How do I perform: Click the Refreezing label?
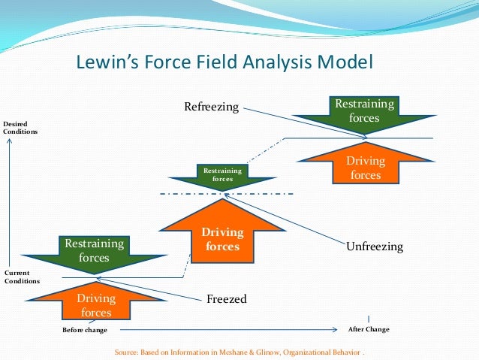point(211,107)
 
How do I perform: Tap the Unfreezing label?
point(375,247)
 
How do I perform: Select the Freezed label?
point(226,300)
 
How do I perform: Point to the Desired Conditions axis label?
point(20,127)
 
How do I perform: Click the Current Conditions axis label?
point(20,277)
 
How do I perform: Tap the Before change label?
point(84,330)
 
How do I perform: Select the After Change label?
point(369,329)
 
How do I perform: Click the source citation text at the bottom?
point(239,352)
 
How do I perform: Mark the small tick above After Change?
point(368,319)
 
